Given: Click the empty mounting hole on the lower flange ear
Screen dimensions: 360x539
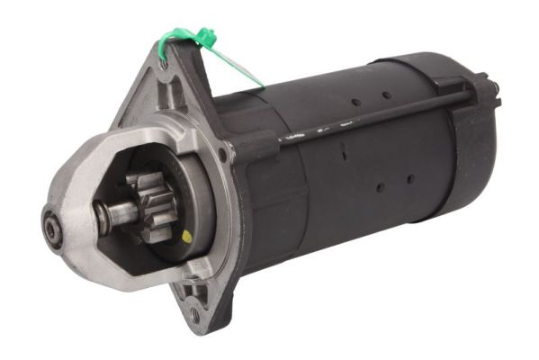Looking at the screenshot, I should coord(194,316).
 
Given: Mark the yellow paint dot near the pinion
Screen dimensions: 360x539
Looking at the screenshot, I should coord(186,238).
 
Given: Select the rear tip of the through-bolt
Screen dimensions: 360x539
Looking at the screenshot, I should coord(494,86).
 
